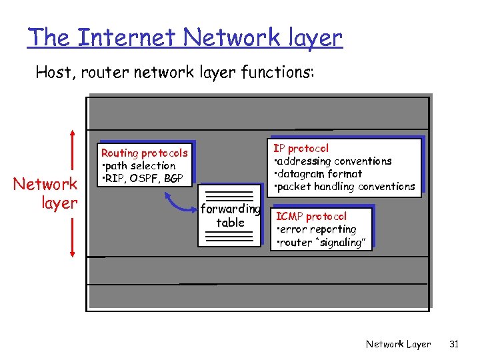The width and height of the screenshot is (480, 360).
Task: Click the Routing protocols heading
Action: (144, 153)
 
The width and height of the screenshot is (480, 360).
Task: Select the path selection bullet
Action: (138, 166)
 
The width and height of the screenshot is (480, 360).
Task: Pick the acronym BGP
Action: (175, 179)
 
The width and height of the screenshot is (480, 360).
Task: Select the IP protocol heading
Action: (301, 148)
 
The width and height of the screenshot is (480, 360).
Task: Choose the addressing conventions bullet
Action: (333, 161)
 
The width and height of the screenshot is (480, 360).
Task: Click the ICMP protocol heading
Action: (311, 217)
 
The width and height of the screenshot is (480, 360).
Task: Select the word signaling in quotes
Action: (343, 243)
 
